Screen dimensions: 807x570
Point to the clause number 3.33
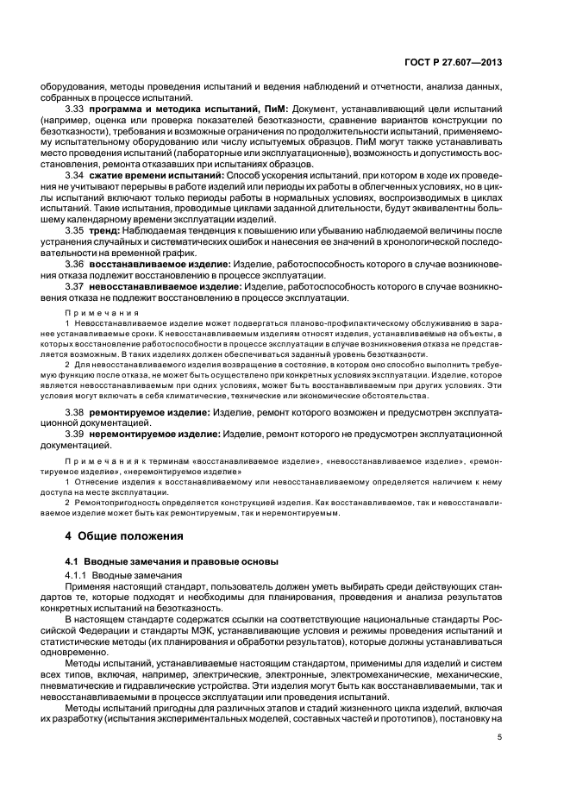tap(75, 109)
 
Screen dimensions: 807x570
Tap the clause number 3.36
tap(75, 264)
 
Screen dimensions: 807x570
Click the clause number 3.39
tap(75, 435)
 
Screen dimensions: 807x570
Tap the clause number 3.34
tap(75, 175)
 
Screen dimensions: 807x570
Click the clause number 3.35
tap(75, 231)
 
